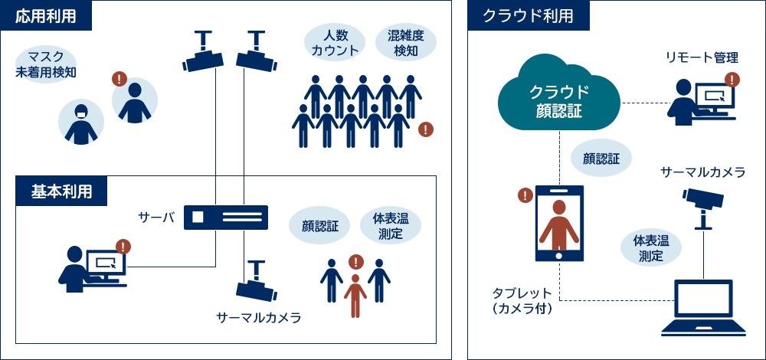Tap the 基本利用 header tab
click(x=62, y=191)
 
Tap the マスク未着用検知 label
click(x=47, y=64)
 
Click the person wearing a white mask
click(x=80, y=123)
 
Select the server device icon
click(x=226, y=218)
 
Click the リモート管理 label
click(x=702, y=58)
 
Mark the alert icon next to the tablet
click(x=525, y=195)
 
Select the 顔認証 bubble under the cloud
click(x=601, y=159)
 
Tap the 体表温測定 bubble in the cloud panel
click(x=650, y=248)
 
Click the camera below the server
click(x=255, y=283)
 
